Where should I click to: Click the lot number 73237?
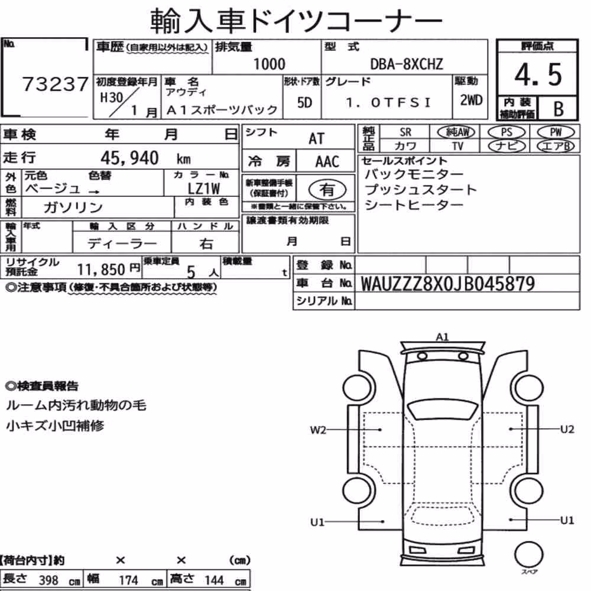[56, 84]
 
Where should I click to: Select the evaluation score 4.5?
[538, 74]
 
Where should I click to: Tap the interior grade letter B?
[558, 109]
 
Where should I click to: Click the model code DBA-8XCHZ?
[407, 64]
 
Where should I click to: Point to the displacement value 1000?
[269, 64]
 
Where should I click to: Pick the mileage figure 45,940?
[129, 158]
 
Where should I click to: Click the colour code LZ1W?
[203, 189]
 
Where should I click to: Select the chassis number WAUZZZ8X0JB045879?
[448, 284]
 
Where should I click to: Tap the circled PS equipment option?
[506, 132]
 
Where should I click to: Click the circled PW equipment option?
[556, 132]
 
